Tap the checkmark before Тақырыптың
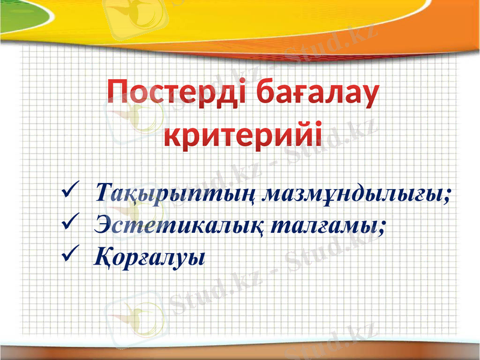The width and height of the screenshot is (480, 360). point(68,193)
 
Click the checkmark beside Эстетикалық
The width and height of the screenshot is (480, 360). point(68,224)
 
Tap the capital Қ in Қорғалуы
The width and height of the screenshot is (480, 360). point(104,257)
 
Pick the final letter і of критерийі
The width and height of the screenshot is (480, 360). point(316,133)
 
